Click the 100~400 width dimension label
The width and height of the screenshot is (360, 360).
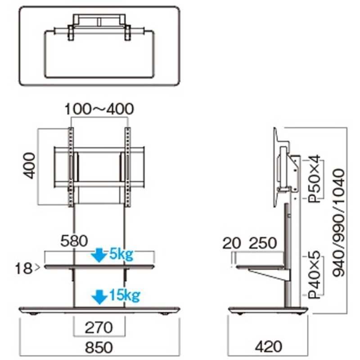click(99, 109)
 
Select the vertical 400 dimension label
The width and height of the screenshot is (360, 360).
click(29, 166)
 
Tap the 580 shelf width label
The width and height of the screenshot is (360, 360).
click(74, 241)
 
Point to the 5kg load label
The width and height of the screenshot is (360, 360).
click(121, 254)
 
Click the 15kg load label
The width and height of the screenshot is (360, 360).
click(125, 295)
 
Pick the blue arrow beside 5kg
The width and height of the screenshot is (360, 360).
click(99, 255)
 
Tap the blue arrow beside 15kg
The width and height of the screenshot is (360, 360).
click(99, 297)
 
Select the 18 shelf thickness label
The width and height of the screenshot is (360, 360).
click(23, 268)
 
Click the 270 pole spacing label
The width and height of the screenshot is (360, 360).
click(99, 328)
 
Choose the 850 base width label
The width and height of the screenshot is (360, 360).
click(99, 347)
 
